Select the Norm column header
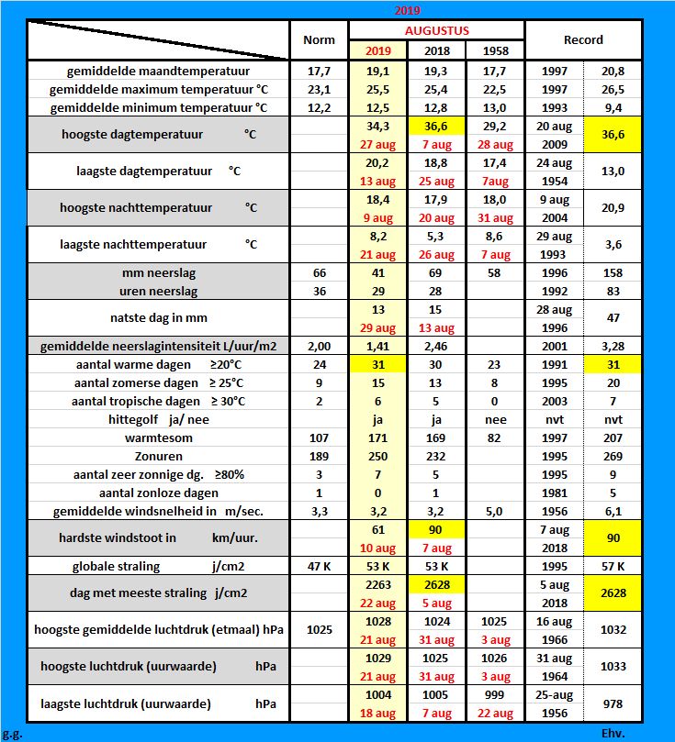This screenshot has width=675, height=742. coord(319,40)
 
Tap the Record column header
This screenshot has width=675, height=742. coord(583,40)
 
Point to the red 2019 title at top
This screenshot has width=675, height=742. coord(408,10)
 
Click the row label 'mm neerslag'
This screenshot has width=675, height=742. coord(158,273)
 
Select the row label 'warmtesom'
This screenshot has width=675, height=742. coord(158,437)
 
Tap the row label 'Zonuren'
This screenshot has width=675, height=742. coord(158,456)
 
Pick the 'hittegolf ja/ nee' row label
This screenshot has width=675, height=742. coord(158,419)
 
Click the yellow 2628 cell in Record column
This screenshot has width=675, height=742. coord(613,593)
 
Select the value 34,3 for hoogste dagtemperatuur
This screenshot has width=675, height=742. coord(378,125)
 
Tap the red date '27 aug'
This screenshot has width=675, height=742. coord(378,143)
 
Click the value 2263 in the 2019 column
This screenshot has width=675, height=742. coord(378,584)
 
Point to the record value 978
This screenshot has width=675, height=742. coord(613,703)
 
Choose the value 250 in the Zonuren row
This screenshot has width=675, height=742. coord(378,456)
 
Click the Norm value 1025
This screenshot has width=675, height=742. coord(319,630)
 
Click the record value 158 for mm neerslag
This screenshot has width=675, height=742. coord(613,273)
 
